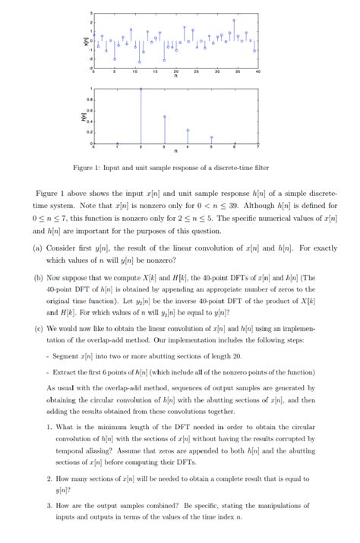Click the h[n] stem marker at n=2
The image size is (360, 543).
coord(141,89)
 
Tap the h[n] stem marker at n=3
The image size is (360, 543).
coord(165,116)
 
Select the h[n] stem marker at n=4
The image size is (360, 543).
coord(188,130)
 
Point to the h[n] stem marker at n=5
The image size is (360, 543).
coord(211,137)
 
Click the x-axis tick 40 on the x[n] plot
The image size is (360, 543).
coord(258,71)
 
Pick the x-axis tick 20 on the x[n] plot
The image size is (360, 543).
coord(175,71)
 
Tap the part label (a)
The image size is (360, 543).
coord(38,248)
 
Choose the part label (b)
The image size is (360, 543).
coord(38,279)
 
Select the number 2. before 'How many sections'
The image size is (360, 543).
coord(49,479)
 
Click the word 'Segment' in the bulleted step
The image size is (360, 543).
coord(65,356)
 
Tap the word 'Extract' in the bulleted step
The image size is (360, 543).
coord(65,372)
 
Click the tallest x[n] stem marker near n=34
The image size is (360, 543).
coord(234,21)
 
